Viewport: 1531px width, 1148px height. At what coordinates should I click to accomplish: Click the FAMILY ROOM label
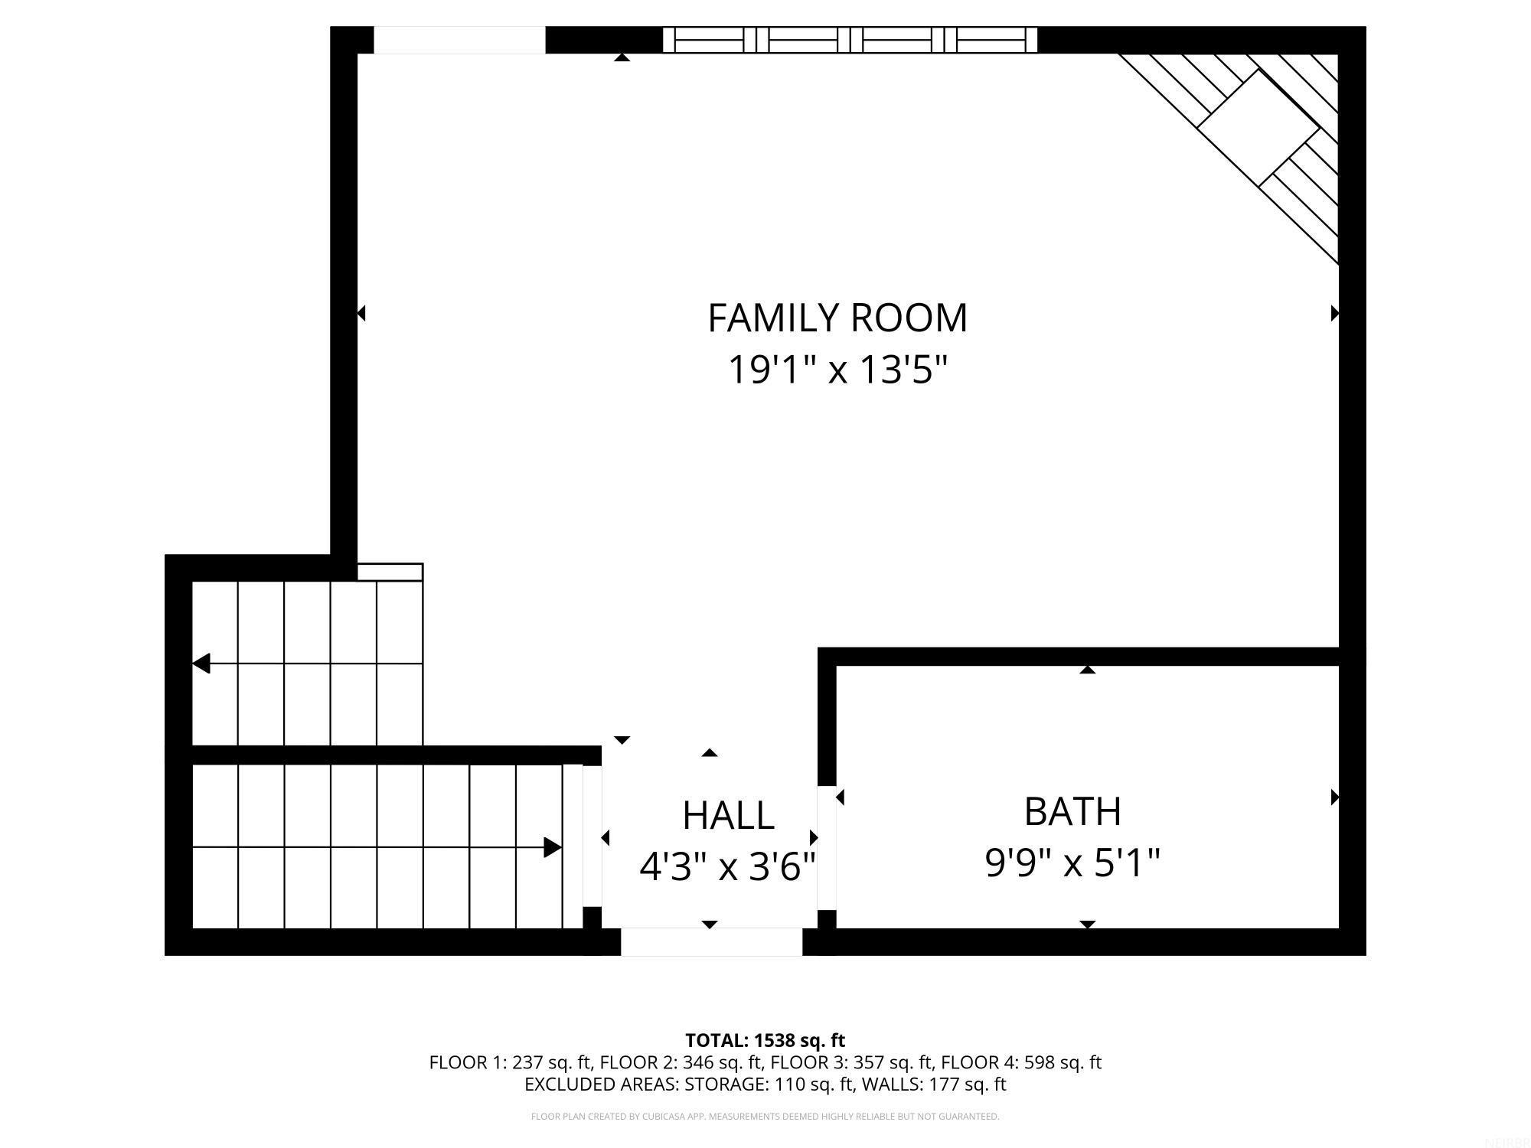837,318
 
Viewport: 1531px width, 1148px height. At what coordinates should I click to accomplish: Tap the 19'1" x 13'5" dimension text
837,370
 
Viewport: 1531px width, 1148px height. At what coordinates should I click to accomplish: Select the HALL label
728,816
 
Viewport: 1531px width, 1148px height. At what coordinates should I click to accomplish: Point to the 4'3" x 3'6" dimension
728,867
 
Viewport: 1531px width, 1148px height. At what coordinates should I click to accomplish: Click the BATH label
1072,812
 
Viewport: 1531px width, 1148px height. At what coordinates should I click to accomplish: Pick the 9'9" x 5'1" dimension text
1072,863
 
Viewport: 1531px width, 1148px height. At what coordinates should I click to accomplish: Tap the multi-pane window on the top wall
850,40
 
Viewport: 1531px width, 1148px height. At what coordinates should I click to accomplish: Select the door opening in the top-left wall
459,40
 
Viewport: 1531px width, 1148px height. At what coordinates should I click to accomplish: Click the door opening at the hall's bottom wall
711,941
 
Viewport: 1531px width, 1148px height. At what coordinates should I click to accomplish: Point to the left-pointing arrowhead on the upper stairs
201,664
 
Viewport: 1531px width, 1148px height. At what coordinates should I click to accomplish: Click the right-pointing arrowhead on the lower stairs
553,847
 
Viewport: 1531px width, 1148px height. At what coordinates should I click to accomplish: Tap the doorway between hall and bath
827,848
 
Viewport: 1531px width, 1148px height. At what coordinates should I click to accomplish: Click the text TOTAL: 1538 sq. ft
765,1041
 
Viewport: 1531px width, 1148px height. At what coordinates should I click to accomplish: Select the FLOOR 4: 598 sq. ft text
1020,1062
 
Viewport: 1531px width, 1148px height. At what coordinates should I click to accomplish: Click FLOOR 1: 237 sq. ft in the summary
510,1062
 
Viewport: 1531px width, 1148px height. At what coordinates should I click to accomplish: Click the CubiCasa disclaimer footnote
765,1117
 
